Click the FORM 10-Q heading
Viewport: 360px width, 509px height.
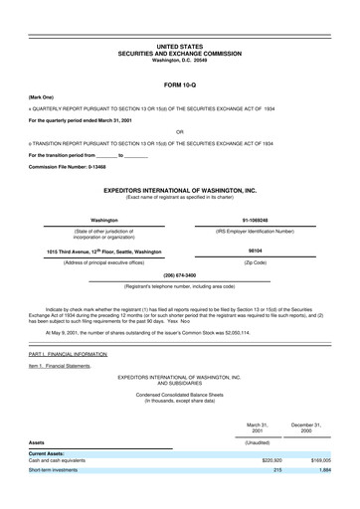click(x=180, y=85)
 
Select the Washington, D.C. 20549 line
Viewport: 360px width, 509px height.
click(x=180, y=60)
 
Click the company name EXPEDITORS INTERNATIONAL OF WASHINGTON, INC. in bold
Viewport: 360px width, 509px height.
click(x=180, y=187)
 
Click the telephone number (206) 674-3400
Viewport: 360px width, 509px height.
click(x=179, y=274)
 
